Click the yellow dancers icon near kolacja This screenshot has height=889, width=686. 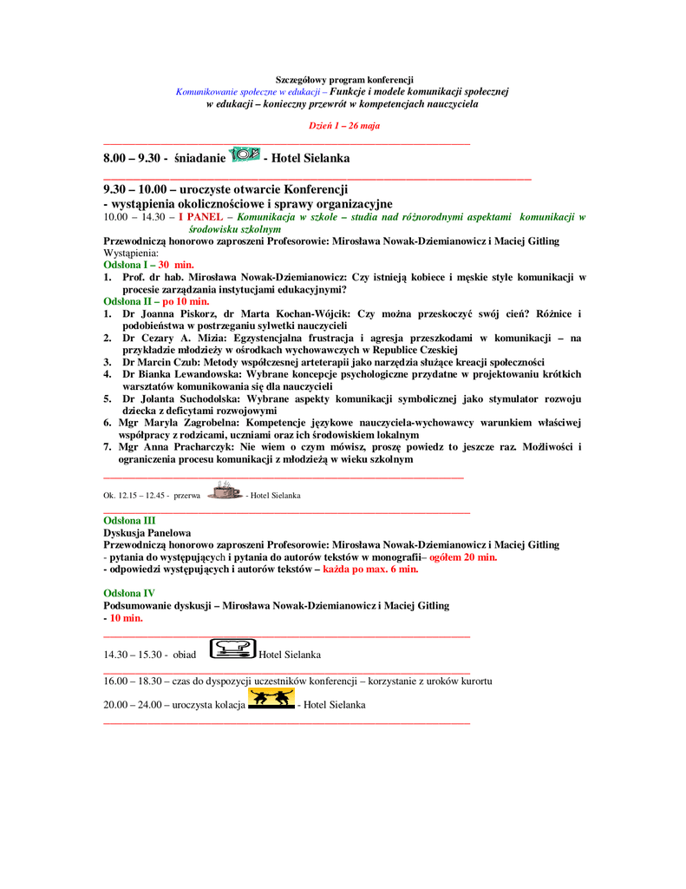click(x=271, y=699)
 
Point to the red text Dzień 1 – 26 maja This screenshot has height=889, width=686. click(x=344, y=126)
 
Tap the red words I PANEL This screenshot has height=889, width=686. click(x=196, y=216)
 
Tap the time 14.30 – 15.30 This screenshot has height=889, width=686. click(x=135, y=655)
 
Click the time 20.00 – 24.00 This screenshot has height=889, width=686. click(x=135, y=705)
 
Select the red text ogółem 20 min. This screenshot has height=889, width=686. click(x=464, y=556)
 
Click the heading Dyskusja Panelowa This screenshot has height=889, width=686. click(x=147, y=532)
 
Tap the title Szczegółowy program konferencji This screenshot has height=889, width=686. click(x=344, y=80)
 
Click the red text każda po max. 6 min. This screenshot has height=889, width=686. click(x=370, y=569)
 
